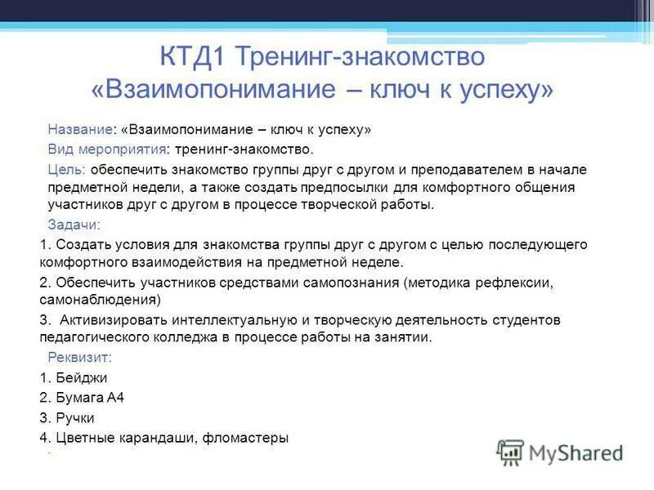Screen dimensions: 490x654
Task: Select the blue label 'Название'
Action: click(80, 130)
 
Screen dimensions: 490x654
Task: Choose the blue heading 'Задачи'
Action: click(73, 225)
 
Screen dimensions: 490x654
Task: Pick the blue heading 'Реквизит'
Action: click(79, 358)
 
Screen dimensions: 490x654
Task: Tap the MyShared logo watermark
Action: click(560, 452)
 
